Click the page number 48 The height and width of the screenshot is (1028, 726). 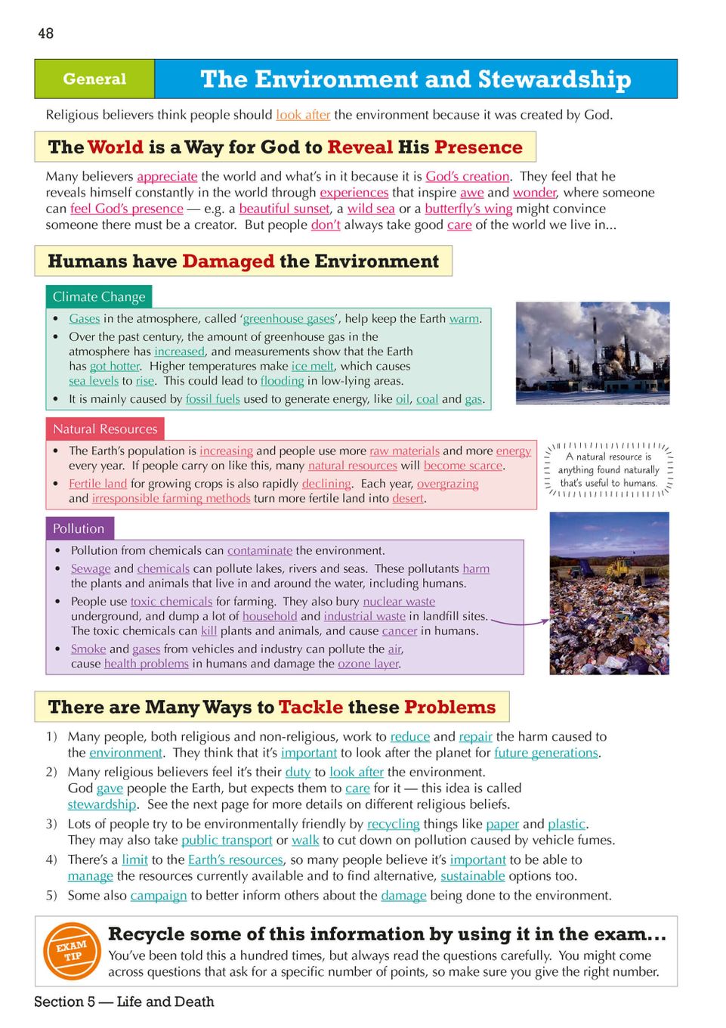(45, 33)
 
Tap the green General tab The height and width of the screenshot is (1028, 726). (94, 79)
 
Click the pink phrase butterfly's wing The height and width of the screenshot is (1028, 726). (468, 209)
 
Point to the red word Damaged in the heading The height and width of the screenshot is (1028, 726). (228, 262)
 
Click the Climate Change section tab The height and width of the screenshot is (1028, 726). (98, 296)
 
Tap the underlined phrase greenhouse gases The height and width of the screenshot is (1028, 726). (289, 319)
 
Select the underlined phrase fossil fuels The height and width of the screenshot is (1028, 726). (212, 399)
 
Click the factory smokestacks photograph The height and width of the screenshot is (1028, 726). (592, 353)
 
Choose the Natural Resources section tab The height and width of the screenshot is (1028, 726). (105, 429)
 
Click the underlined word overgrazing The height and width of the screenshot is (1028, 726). (447, 484)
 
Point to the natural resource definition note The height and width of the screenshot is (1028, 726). (608, 470)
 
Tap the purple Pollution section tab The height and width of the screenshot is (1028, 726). (79, 528)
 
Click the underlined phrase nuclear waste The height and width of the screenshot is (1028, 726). (399, 602)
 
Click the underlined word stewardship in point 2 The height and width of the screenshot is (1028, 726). (102, 804)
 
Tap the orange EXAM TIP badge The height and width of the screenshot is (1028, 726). (72, 950)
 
